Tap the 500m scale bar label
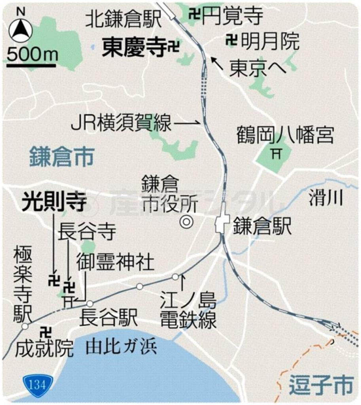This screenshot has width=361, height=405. tap(32, 54)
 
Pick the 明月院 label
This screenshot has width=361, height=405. tap(270, 41)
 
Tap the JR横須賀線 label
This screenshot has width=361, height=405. tap(121, 123)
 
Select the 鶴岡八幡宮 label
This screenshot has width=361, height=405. tap(285, 135)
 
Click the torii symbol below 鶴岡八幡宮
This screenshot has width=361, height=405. tap(274, 153)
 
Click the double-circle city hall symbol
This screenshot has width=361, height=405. tap(185, 222)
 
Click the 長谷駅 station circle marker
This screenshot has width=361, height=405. tap(90, 304)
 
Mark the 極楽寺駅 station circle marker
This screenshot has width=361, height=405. tap(25, 326)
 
